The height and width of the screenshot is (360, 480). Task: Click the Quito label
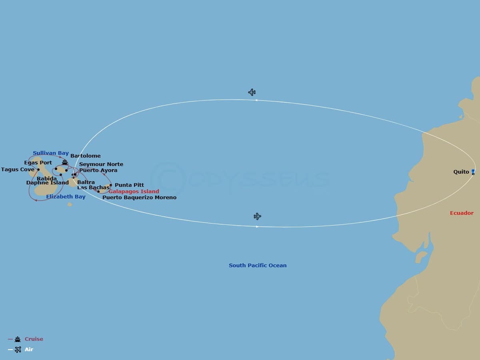tap(461, 172)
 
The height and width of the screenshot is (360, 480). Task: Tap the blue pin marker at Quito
tap(473, 172)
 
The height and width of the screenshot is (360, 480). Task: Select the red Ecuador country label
tap(462, 213)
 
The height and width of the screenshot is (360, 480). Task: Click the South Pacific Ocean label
tap(258, 266)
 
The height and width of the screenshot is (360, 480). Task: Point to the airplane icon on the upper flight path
tap(252, 92)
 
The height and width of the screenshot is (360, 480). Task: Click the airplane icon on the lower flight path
tap(257, 216)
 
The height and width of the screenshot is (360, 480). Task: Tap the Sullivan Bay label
tap(51, 153)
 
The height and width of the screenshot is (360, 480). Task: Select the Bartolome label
tap(86, 156)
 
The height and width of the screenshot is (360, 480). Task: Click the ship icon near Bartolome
tap(65, 162)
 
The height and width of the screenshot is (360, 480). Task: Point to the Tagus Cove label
tap(18, 170)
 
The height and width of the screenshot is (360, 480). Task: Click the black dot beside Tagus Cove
tap(38, 170)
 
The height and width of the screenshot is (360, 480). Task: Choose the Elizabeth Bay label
tap(66, 197)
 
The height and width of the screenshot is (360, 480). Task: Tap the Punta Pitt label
tap(129, 185)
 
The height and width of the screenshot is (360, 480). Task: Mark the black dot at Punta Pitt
tap(111, 185)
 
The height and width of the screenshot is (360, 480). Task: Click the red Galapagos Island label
tap(134, 192)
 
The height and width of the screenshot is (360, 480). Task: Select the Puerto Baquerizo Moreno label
tap(139, 198)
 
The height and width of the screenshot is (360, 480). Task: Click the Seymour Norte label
tap(101, 164)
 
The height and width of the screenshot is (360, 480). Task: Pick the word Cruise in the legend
tap(34, 339)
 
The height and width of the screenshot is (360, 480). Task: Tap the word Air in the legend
tap(29, 350)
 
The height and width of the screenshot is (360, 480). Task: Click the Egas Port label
tap(38, 163)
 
